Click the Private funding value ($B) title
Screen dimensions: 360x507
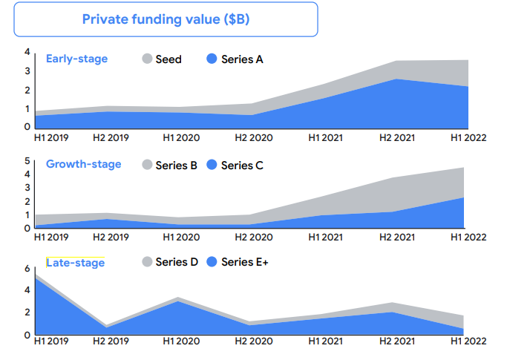point(166,20)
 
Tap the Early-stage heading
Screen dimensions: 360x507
point(76,59)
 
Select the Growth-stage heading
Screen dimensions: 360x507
point(83,164)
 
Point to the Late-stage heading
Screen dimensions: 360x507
point(75,262)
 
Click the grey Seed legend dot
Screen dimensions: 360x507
point(147,59)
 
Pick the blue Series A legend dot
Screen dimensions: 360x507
point(212,59)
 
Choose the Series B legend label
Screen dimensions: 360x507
point(176,166)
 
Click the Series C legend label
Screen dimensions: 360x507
point(242,166)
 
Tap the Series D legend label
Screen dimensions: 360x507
point(176,262)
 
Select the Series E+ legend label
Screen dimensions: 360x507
point(245,262)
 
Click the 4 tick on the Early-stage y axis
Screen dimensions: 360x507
point(27,52)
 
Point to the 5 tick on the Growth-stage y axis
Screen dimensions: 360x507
point(27,161)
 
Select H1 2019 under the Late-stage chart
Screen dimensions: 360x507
point(51,341)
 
